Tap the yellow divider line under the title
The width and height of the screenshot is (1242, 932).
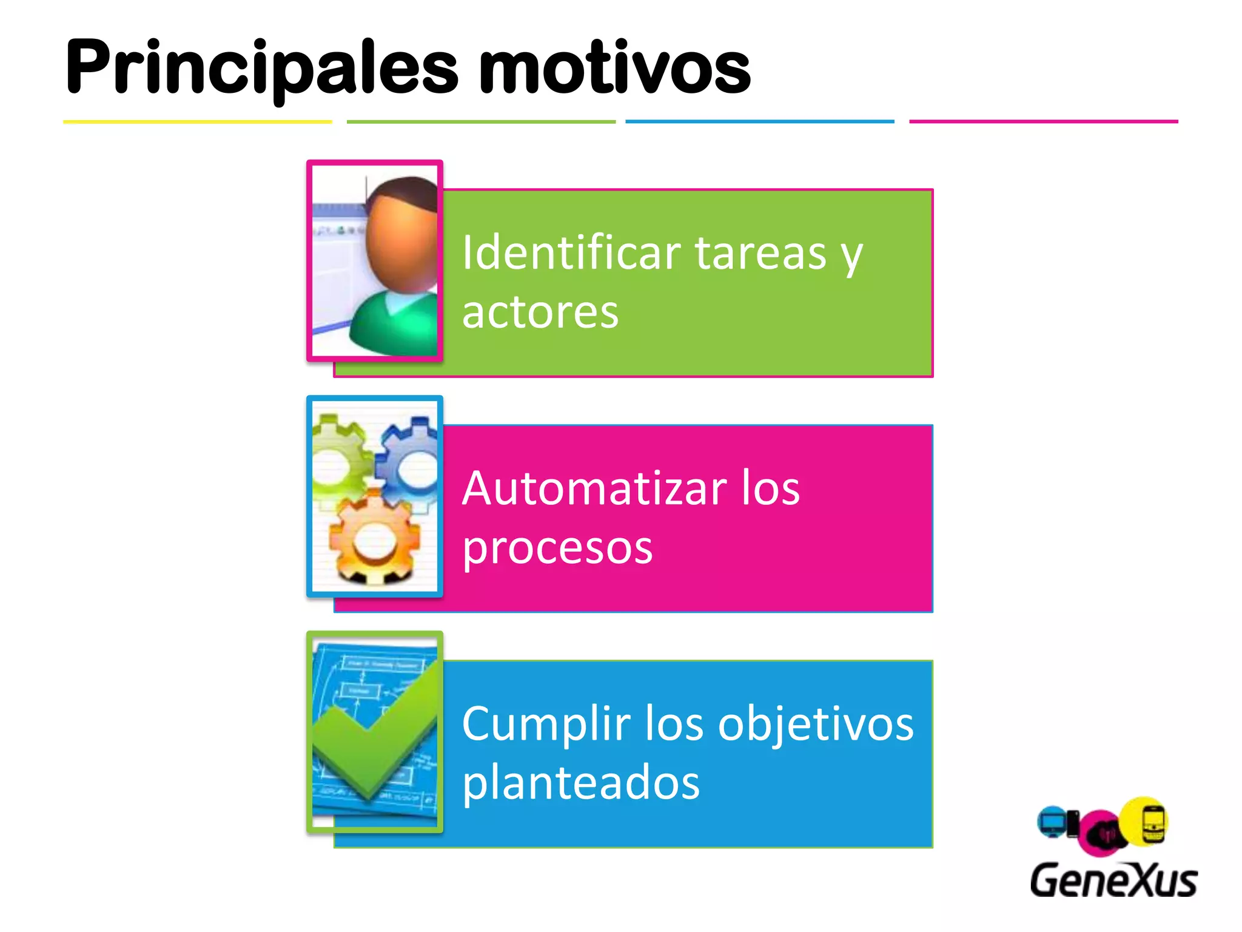click(x=197, y=122)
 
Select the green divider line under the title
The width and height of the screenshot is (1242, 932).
click(x=481, y=122)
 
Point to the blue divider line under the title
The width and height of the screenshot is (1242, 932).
click(x=759, y=121)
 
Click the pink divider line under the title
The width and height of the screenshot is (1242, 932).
click(x=1043, y=121)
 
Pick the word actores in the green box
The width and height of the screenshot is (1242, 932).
click(x=540, y=312)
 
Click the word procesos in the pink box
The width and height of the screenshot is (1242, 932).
click(x=557, y=547)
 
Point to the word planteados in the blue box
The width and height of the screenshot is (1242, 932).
click(x=580, y=783)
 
